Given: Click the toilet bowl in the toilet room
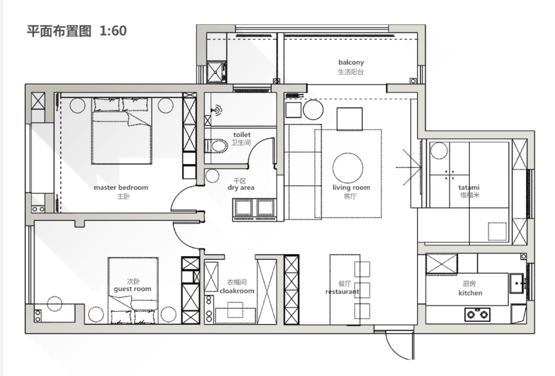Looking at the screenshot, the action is pos(215,146).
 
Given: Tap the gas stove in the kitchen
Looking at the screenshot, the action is pos(477,314).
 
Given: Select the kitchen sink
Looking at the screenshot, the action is pos(517,284).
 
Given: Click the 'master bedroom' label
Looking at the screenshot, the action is pos(121,187).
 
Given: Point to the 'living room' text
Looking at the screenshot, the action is pos(351,187).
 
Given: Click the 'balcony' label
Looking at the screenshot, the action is pos(351,62).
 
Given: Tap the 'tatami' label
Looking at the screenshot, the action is pos(469,187).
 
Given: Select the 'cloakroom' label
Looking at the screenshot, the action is pos(237,291).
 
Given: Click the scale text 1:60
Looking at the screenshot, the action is pos(113,31).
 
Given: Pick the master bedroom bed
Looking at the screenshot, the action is pos(121,131).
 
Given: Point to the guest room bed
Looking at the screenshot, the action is pos(133,291).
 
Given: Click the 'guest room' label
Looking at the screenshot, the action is pos(133,289).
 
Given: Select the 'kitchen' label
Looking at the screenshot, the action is pos(470,293).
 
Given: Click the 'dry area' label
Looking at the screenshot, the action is pos(240,187).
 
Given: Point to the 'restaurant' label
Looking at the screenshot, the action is pos(342,291).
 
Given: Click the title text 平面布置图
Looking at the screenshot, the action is pos(59,31).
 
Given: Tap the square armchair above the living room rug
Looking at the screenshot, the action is pos(349,119).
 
